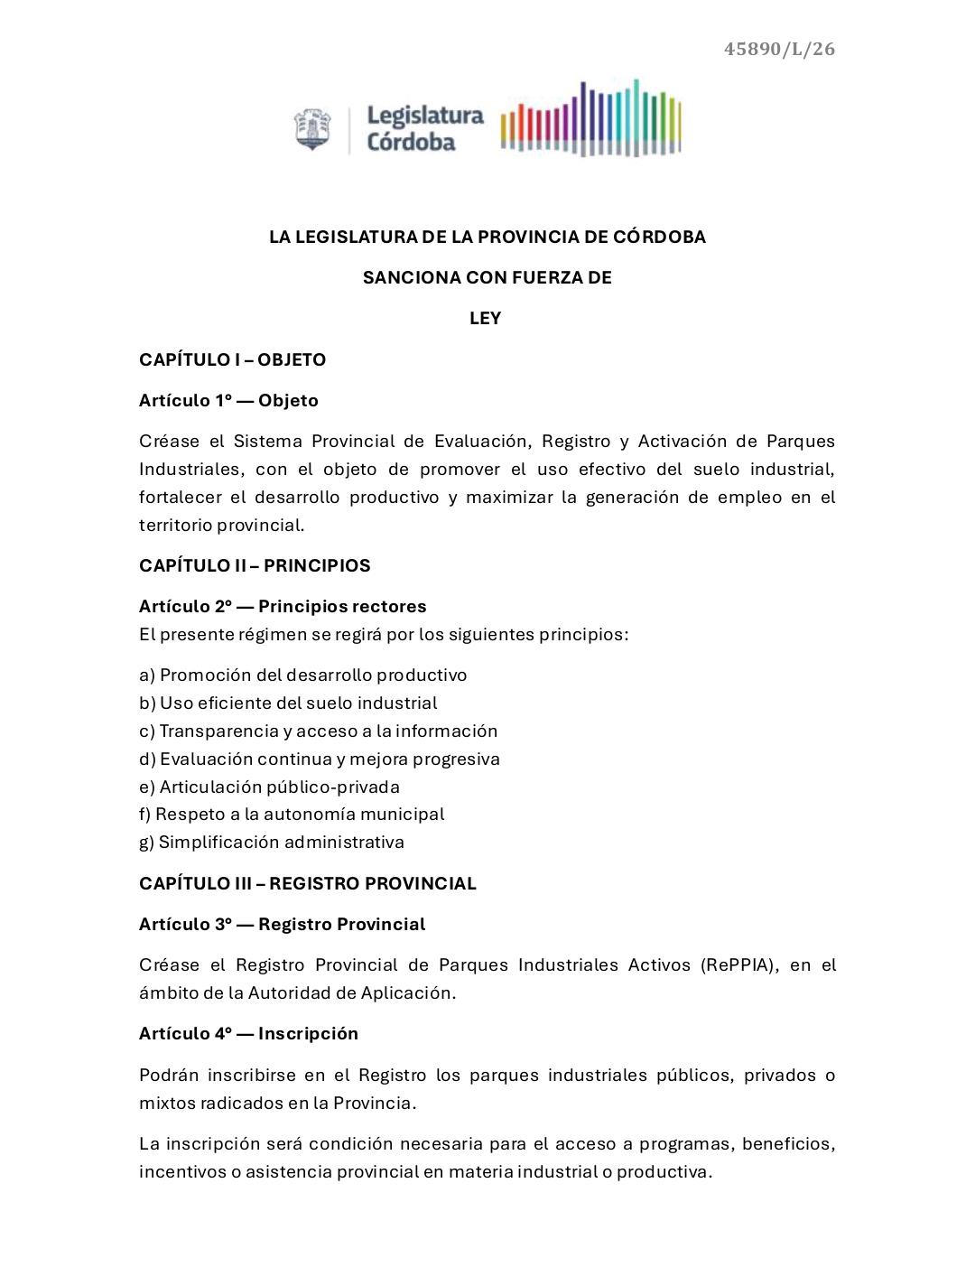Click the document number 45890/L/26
[779, 49]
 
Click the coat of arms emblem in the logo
[312, 129]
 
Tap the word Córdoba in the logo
[411, 142]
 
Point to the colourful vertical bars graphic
[590, 119]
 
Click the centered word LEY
[486, 318]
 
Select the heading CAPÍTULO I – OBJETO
[232, 359]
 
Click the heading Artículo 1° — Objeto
[228, 400]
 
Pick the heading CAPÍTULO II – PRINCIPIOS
[255, 565]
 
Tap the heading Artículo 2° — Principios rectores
[283, 606]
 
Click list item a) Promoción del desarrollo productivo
[302, 675]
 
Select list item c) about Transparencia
[318, 731]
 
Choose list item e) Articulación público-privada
[269, 787]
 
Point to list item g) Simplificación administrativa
[271, 842]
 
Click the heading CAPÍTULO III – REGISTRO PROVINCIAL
[307, 883]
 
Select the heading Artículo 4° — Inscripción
[248, 1033]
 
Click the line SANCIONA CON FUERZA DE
[487, 277]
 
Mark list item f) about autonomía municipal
[291, 814]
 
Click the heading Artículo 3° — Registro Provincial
[282, 924]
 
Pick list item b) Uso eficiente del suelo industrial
[287, 703]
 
